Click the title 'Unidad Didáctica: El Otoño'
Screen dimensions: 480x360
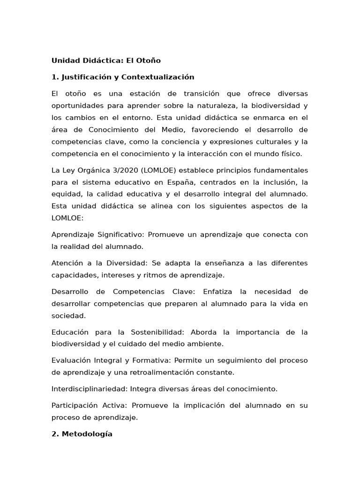coord(106,60)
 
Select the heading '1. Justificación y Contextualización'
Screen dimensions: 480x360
coord(123,77)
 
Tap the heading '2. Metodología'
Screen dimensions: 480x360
coord(82,434)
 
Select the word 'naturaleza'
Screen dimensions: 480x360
coord(212,106)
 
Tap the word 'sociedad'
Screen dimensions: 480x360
coord(68,316)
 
